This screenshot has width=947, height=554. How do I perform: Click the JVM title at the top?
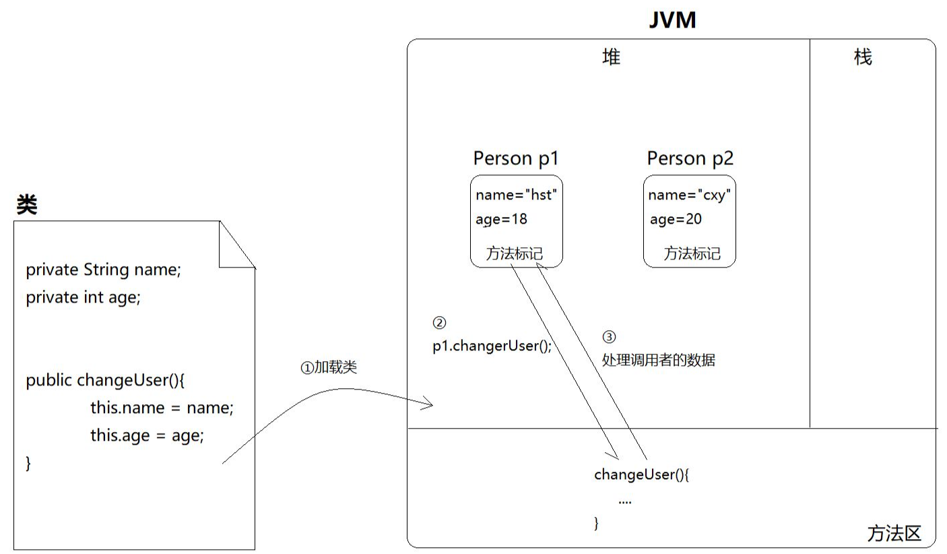point(672,20)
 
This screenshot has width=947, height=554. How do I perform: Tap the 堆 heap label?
point(610,57)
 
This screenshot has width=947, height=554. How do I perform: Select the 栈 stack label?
point(863,57)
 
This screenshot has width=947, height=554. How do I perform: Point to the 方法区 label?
point(894,534)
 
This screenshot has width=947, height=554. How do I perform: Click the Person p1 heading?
point(516,158)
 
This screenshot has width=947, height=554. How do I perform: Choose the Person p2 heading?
point(690,158)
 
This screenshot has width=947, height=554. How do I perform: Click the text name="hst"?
point(517,195)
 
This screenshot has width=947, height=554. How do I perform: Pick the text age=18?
point(502,219)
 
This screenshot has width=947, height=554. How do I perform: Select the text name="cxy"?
point(690,195)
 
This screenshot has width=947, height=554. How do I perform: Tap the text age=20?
point(676,219)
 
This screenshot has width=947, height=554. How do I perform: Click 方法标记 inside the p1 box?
point(515,254)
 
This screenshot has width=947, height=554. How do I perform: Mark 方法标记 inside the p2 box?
point(692,254)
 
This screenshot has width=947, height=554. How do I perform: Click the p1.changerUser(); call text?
point(492,346)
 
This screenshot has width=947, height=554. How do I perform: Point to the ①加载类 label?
point(328,367)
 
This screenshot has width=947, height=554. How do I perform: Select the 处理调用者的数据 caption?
point(658,361)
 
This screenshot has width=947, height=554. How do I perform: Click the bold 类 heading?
point(27,206)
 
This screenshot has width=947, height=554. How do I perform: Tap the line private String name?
point(104,270)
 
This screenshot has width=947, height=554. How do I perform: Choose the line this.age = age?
point(147,435)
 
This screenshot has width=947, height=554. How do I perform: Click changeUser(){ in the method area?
point(642,474)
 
